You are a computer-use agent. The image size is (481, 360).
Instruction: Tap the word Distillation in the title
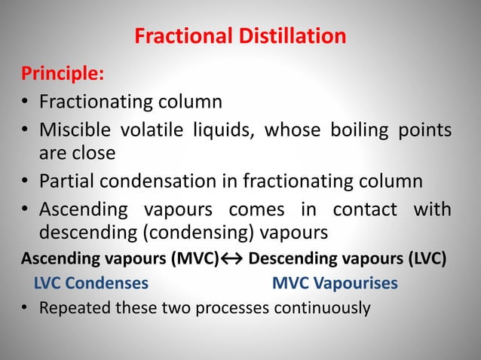(x=290, y=36)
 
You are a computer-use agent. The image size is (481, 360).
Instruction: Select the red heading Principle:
(x=62, y=75)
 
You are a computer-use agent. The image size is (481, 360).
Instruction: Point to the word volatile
(x=160, y=132)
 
